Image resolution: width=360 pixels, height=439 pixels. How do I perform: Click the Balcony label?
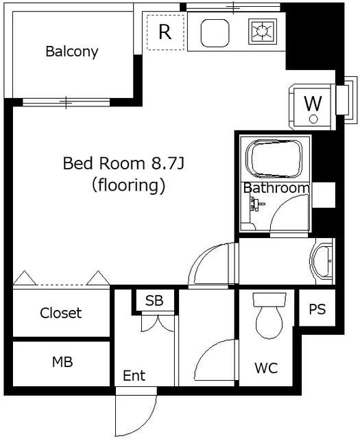click(x=72, y=52)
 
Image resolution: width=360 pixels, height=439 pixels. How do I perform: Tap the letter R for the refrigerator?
click(x=165, y=32)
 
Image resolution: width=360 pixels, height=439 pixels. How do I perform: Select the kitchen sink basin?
click(x=215, y=33)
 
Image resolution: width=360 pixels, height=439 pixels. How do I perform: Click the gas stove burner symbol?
click(x=263, y=32)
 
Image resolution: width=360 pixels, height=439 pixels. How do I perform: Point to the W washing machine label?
click(x=313, y=104)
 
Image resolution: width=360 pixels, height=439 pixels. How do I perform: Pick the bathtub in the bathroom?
click(x=274, y=158)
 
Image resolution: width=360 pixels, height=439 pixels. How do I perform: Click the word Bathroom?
click(x=276, y=188)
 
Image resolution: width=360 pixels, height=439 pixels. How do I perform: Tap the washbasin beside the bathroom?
click(x=322, y=261)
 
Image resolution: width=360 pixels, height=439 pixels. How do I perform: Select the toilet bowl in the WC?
click(x=269, y=322)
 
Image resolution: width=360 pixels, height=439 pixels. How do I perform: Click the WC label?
click(x=266, y=368)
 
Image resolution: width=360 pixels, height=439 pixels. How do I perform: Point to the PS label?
click(x=317, y=309)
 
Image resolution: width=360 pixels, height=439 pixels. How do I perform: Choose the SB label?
click(x=154, y=300)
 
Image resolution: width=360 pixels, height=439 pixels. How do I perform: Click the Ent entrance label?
click(x=134, y=375)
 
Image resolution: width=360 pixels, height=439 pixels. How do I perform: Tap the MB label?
click(x=62, y=361)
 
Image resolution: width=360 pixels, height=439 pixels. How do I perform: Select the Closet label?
click(x=61, y=313)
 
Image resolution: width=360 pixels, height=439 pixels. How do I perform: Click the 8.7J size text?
click(x=168, y=163)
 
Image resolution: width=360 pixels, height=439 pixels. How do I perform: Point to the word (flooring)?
click(x=128, y=186)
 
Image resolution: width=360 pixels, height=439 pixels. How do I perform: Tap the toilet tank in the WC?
click(x=269, y=300)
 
